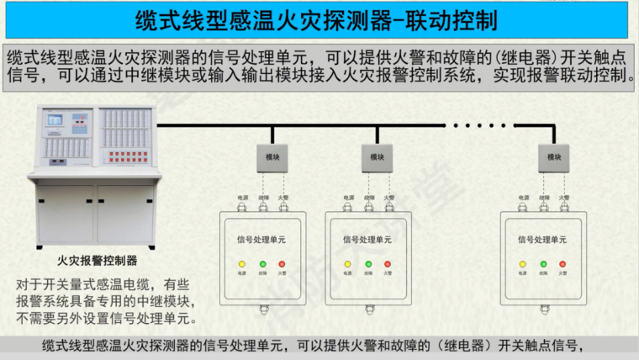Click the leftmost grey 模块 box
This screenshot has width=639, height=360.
(272, 157)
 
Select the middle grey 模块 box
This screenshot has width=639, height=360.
(378, 157)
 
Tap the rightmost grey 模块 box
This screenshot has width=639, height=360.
(553, 157)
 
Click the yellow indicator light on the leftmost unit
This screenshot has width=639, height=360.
(242, 264)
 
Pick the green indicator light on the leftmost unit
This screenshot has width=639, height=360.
(262, 264)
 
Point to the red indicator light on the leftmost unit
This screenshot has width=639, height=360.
(283, 264)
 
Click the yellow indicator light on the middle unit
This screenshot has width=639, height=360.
(347, 264)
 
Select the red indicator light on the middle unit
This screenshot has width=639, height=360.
(388, 264)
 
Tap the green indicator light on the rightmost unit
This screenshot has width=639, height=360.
(543, 264)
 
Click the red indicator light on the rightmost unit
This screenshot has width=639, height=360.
(563, 264)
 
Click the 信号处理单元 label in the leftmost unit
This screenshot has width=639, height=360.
(261, 240)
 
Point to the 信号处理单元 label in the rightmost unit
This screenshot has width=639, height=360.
(542, 240)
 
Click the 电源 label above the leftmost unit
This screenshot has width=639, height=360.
(242, 199)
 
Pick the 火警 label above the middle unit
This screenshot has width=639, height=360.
(388, 199)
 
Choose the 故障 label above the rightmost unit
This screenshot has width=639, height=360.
(543, 199)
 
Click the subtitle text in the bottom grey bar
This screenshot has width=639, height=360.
(312, 347)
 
